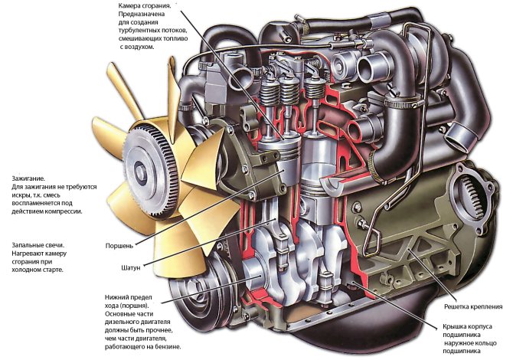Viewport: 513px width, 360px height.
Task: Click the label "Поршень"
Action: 120,246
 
